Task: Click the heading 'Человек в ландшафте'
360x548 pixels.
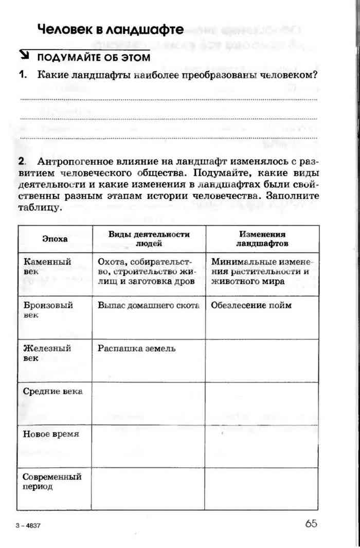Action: [x=110, y=30]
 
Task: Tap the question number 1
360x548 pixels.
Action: [x=23, y=75]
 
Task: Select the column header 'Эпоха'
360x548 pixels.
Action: [x=55, y=239]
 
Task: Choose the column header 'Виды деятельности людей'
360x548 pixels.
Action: [x=149, y=239]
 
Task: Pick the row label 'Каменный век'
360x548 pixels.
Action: [x=47, y=266]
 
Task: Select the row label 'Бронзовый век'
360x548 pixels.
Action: [x=48, y=309]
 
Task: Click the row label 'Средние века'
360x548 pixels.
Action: [x=52, y=392]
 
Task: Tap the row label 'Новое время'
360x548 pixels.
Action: [x=51, y=434]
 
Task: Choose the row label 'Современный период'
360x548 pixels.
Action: [x=52, y=481]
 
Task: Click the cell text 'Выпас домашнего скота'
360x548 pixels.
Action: [x=148, y=305]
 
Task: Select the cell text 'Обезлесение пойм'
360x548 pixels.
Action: [x=251, y=305]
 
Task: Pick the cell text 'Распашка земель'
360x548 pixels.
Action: [x=136, y=348]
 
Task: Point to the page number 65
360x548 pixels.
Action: [x=311, y=524]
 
